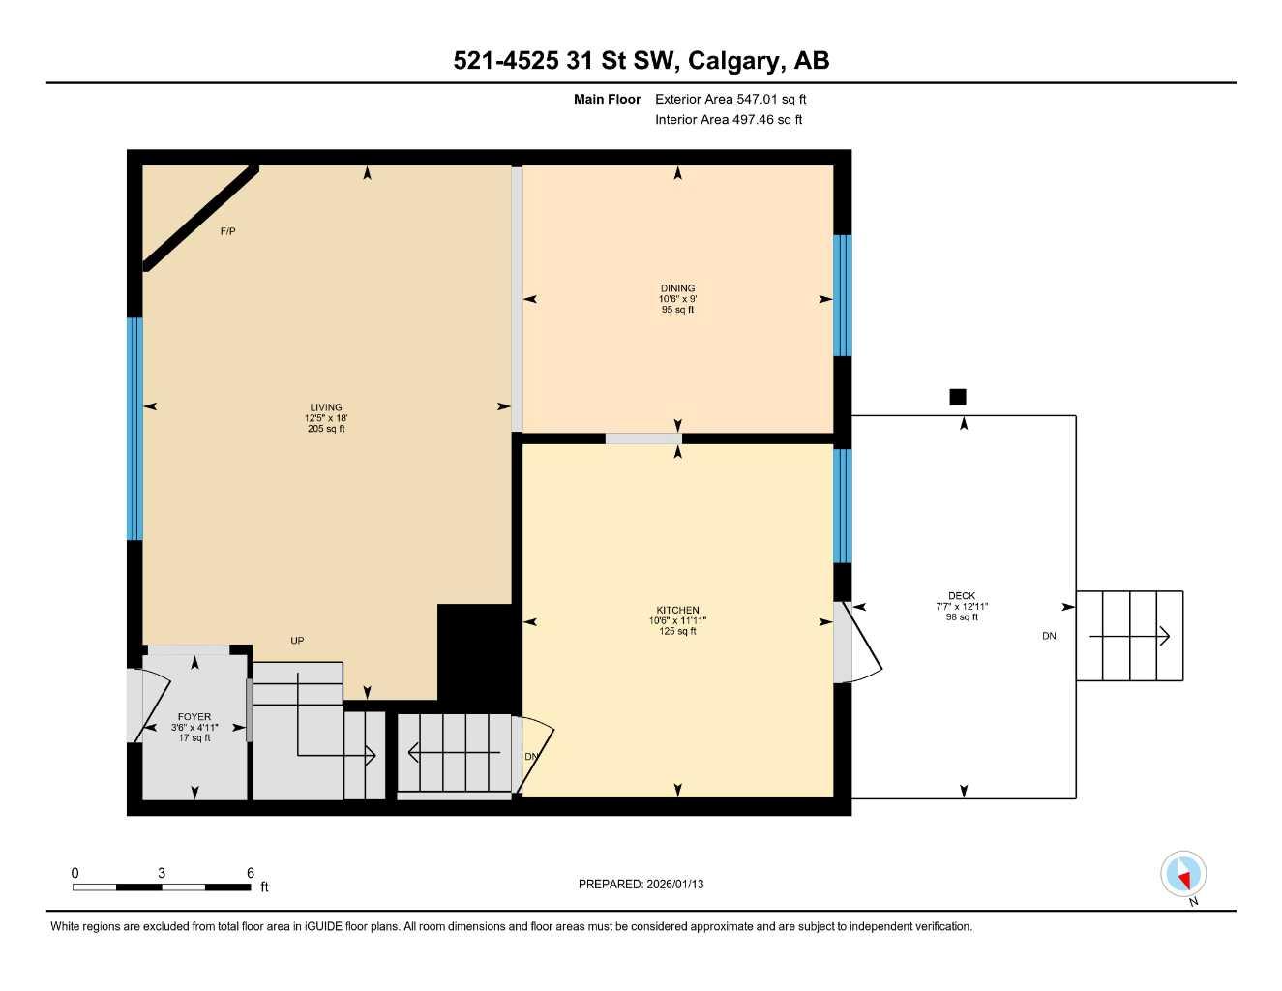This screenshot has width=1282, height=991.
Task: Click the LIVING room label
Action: (326, 407)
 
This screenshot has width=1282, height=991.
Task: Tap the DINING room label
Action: (677, 288)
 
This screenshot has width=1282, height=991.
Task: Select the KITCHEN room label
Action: (677, 611)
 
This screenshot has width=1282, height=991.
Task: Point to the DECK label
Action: (962, 596)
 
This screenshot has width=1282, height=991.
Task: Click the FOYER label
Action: (194, 717)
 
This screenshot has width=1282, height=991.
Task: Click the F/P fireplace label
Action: (228, 231)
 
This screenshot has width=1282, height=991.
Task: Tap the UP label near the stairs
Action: (297, 641)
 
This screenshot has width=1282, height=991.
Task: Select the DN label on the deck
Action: (1049, 636)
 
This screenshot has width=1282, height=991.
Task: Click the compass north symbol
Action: (1183, 875)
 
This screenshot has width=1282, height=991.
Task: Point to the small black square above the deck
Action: (958, 397)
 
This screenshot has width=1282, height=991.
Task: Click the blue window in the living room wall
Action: (135, 428)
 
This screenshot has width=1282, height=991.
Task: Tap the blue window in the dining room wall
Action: (843, 295)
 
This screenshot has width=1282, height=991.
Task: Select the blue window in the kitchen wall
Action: (843, 505)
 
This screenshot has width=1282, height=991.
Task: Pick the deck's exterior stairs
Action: (1129, 636)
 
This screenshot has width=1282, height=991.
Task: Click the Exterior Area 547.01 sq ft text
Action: (730, 99)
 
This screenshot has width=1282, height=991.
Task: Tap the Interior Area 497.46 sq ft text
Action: (729, 120)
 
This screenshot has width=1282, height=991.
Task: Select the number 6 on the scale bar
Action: (250, 873)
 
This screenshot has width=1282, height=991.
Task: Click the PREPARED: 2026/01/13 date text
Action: (641, 884)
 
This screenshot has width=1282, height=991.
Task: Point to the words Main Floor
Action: (607, 99)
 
